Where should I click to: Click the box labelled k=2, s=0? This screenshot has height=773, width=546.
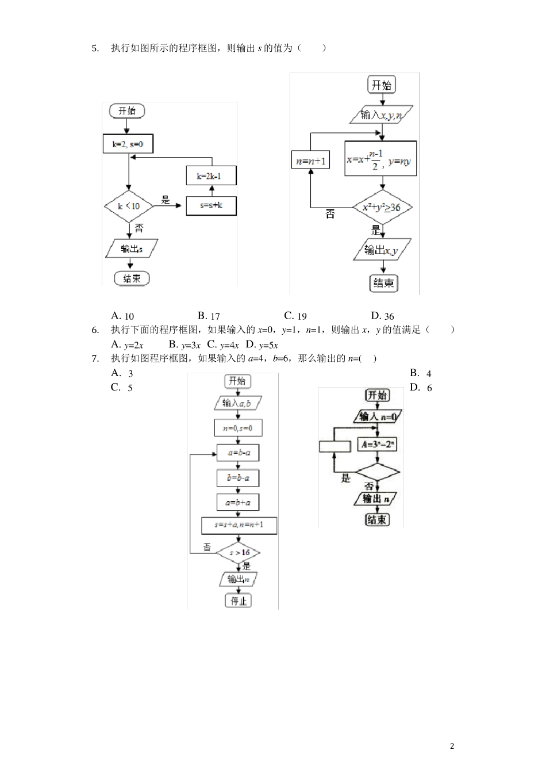(x=128, y=144)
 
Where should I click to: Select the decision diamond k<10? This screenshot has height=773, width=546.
(x=128, y=206)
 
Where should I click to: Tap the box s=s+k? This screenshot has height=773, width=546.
(x=212, y=206)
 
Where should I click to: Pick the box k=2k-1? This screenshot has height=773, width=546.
(x=212, y=176)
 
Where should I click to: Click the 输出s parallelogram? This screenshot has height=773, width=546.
(x=132, y=249)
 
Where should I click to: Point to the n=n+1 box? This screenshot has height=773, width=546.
(x=310, y=161)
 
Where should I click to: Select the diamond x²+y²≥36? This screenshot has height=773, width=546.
(x=382, y=207)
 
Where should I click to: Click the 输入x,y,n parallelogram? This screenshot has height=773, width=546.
(x=382, y=115)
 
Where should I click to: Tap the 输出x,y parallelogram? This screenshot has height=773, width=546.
(x=382, y=250)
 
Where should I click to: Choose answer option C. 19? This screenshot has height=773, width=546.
(x=295, y=316)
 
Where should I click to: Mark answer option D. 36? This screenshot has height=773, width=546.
(x=383, y=316)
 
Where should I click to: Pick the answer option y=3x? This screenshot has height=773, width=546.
(x=184, y=345)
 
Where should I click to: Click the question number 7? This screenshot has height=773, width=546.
(x=95, y=359)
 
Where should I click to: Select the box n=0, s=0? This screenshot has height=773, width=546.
(x=237, y=428)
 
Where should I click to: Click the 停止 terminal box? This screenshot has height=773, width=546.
(x=238, y=601)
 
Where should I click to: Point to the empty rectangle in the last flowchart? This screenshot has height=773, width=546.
(x=335, y=446)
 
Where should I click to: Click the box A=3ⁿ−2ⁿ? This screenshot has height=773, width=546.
(x=377, y=445)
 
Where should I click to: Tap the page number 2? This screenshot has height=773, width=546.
(x=452, y=747)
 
